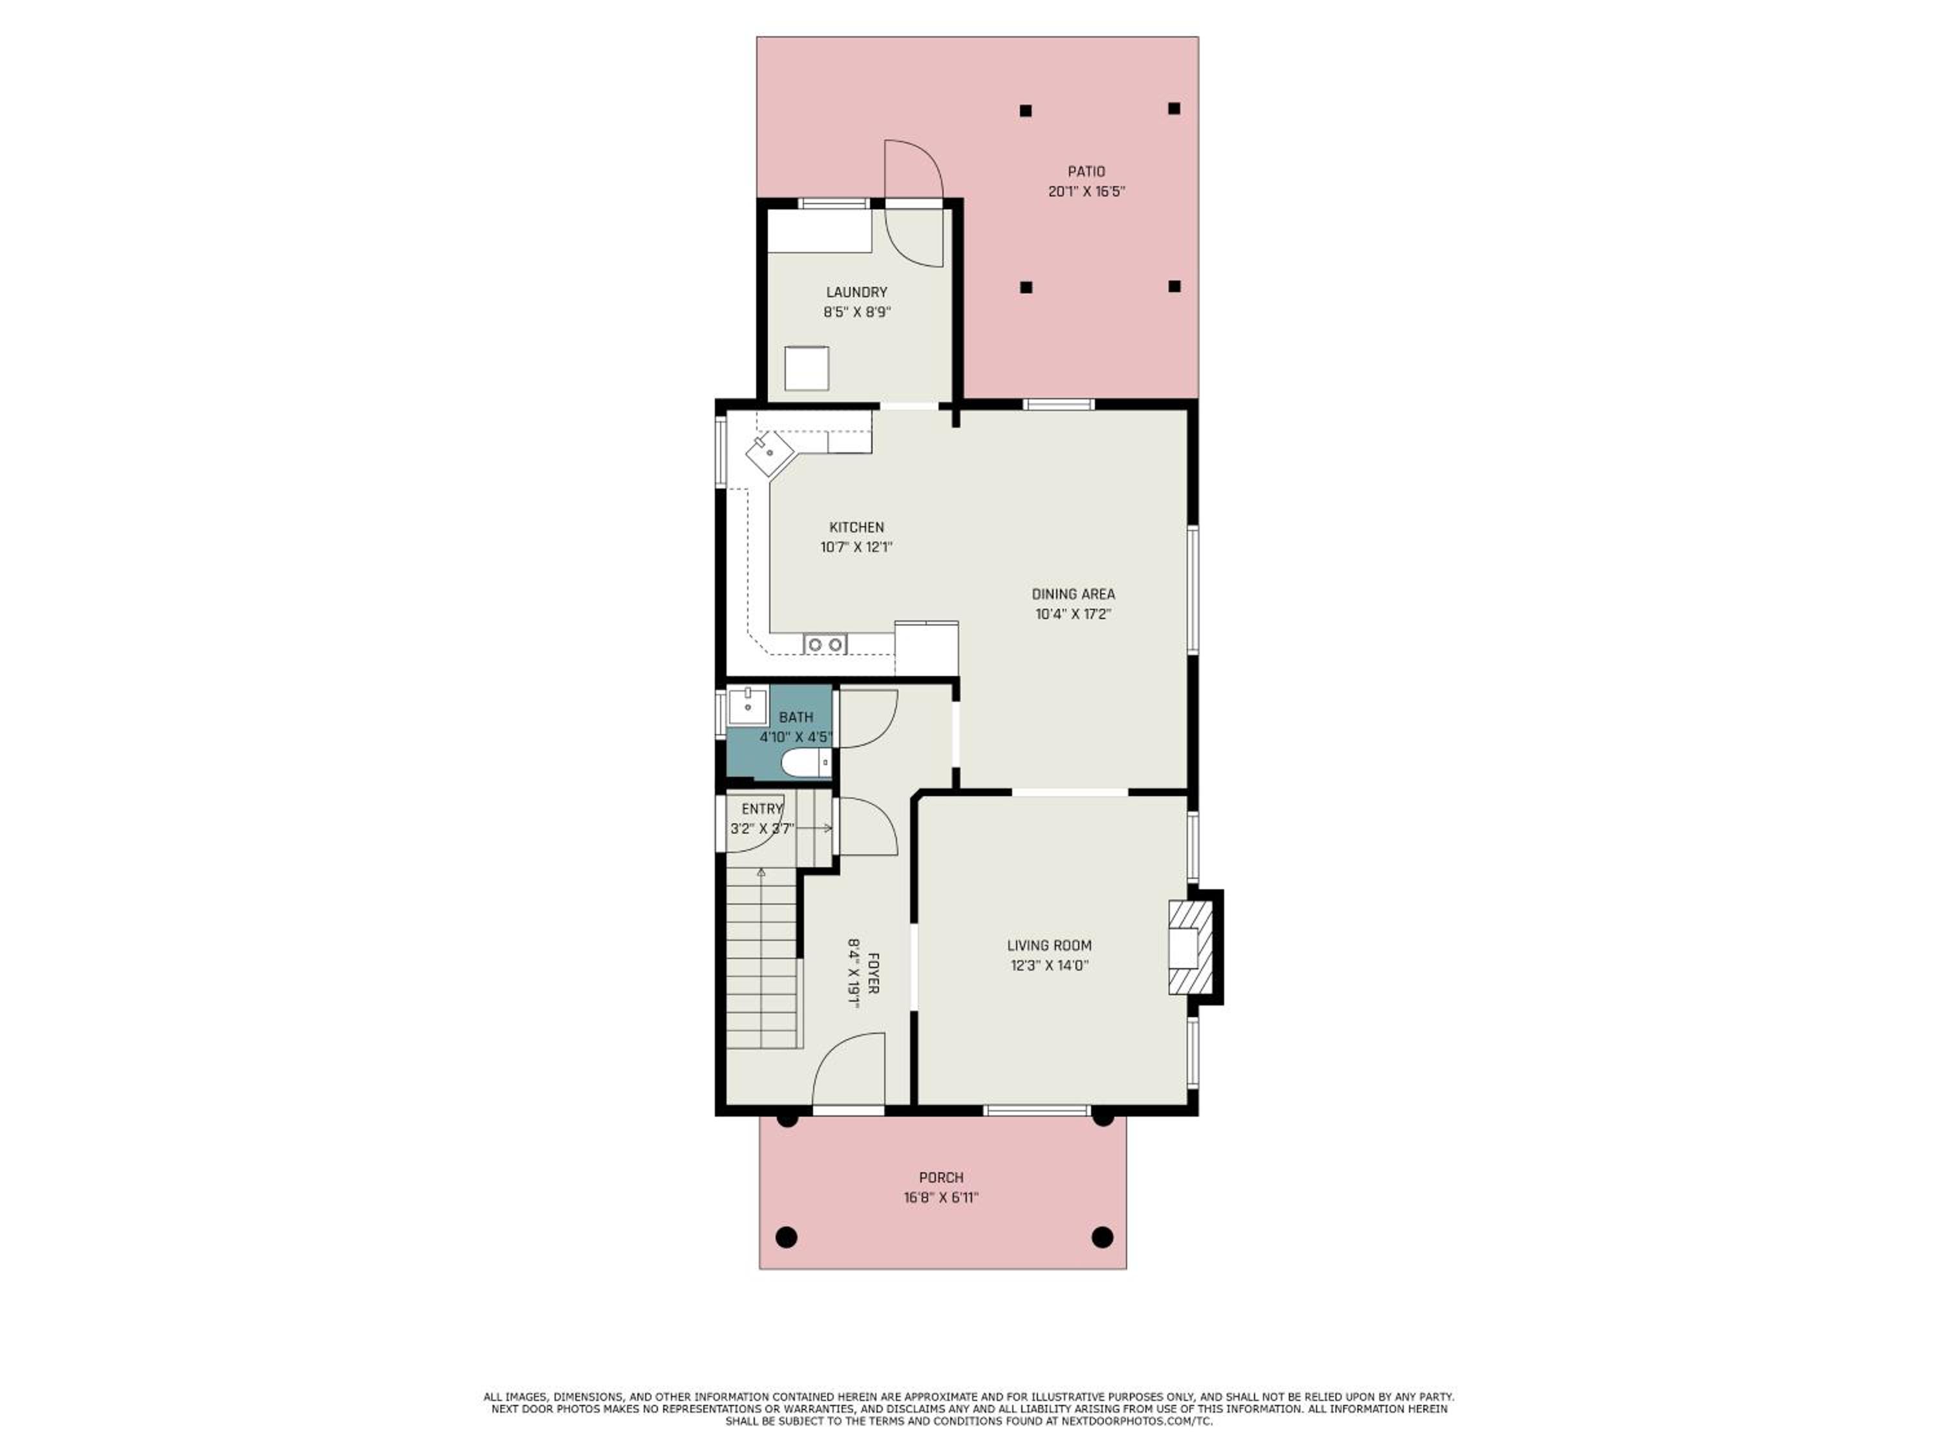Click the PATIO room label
1086,172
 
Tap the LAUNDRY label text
856,292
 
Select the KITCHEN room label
856,527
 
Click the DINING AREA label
1073,595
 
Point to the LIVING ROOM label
1049,945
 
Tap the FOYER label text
873,972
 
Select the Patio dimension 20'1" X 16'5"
1086,191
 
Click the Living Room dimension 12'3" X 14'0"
1049,965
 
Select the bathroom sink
748,706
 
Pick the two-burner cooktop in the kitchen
825,644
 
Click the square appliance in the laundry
807,368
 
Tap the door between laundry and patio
913,204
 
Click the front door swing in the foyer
849,1071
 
